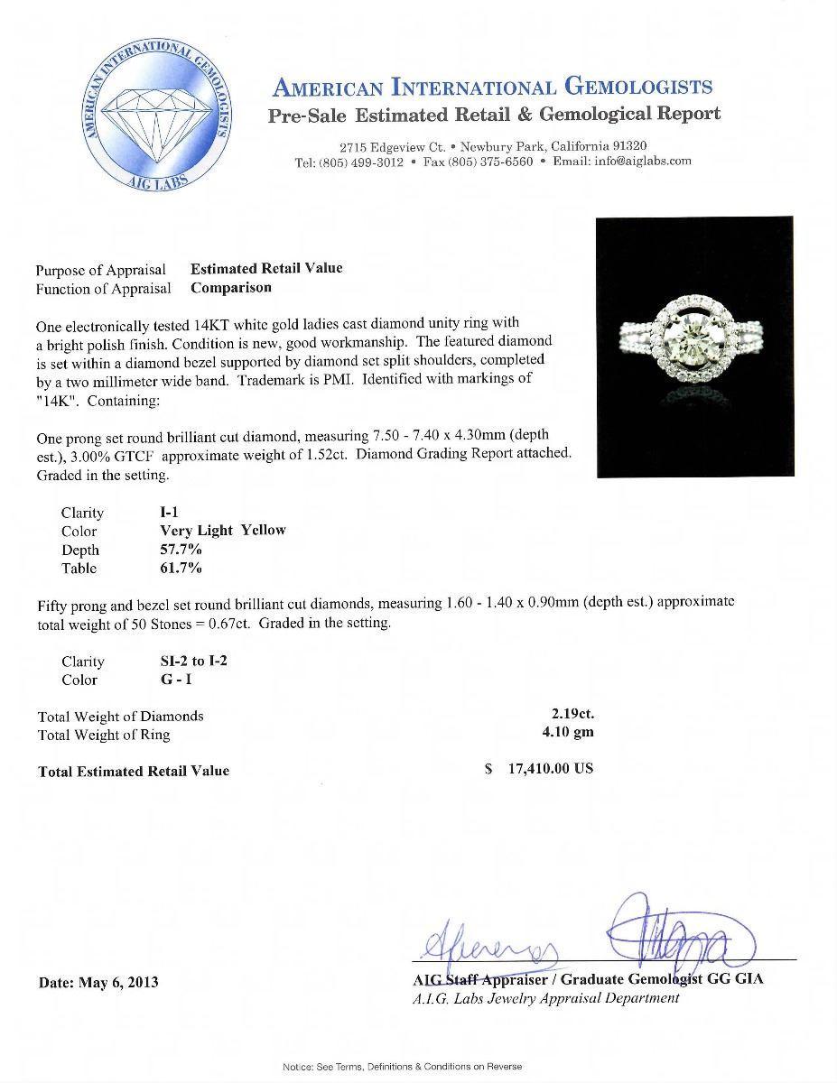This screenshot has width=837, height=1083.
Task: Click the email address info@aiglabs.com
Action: [643, 162]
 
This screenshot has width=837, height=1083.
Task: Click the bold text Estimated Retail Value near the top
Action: [266, 268]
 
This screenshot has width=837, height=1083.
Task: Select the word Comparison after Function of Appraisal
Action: [230, 288]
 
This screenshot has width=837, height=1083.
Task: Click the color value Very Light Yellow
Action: [222, 531]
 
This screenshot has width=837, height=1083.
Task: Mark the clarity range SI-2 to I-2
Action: [193, 661]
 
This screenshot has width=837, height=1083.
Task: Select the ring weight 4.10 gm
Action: [568, 733]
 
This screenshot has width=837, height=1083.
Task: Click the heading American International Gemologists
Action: [492, 88]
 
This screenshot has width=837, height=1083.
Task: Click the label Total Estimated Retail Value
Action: [134, 771]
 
